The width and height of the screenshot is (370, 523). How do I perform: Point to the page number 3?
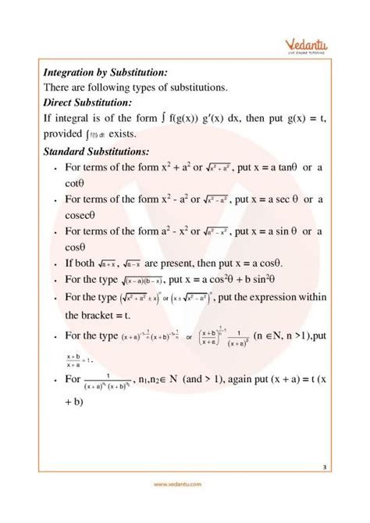coord(323,467)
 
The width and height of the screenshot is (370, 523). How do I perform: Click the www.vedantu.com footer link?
coord(184,507)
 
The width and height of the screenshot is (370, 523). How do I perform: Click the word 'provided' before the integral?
coord(66,134)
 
